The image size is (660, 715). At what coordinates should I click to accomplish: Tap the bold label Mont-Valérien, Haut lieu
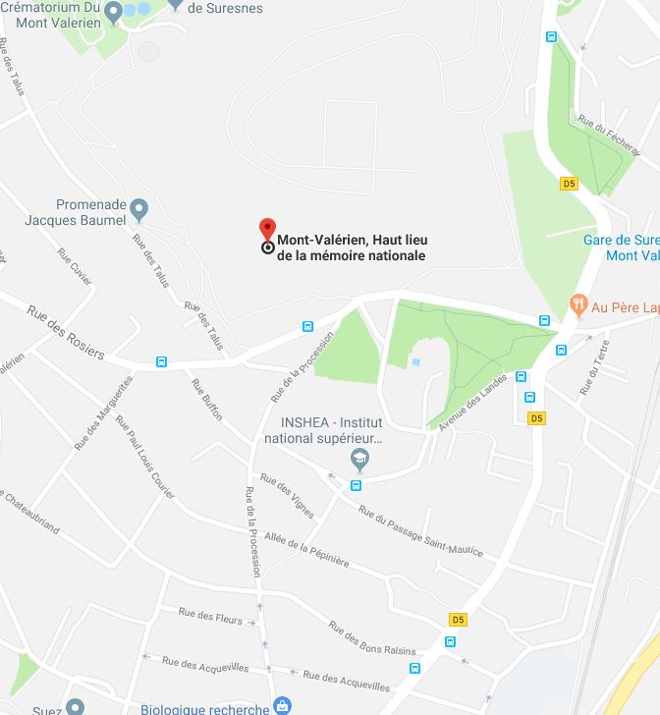(352, 240)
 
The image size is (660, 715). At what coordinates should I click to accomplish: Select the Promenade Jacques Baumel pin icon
(139, 209)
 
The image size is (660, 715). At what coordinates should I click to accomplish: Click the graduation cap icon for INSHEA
(360, 459)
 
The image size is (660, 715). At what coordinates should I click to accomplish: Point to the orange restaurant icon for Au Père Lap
(577, 306)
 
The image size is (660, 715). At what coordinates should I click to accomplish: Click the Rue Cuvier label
(75, 266)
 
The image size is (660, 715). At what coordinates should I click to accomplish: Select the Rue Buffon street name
(207, 399)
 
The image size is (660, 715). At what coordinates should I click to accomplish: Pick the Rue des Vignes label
(287, 496)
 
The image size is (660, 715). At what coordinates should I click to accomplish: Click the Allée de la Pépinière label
(306, 549)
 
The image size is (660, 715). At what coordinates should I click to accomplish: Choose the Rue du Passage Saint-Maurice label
(420, 531)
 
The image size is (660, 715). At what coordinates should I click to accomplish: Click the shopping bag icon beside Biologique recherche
(283, 704)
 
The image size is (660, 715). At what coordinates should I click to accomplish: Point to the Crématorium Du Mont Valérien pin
(114, 11)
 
